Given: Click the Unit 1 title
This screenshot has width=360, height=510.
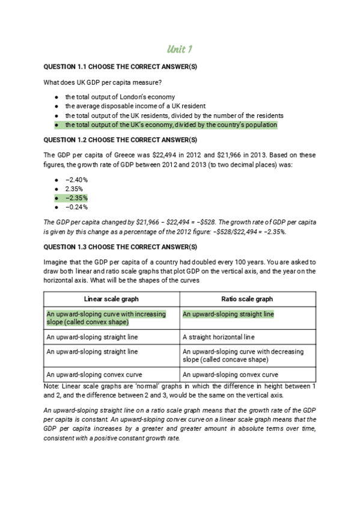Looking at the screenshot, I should pos(180,49).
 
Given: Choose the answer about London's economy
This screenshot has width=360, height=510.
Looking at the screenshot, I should pos(120,96).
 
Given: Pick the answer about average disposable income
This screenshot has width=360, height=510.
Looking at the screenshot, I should pos(133,106).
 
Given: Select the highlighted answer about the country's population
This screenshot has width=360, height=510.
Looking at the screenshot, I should pos(171,124).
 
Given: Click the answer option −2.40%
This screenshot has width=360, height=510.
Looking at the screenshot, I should pos(77,179).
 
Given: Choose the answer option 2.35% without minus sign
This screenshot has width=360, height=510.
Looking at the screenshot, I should pos(75,188).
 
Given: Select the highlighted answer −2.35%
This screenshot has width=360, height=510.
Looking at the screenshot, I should pos(77,198).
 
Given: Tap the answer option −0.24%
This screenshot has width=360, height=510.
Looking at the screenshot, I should pos(77,207).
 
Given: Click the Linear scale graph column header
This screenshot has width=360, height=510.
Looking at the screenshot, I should pos(112,299).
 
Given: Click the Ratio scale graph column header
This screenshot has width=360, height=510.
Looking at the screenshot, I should pos(247,299).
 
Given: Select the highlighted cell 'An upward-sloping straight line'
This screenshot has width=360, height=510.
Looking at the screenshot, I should pos(228,314).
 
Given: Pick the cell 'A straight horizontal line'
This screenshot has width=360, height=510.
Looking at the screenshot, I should pos(218,337).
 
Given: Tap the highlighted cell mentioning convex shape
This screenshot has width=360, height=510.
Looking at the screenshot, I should pos(105,318).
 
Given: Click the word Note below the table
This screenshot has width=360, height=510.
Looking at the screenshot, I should pos(52,385).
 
